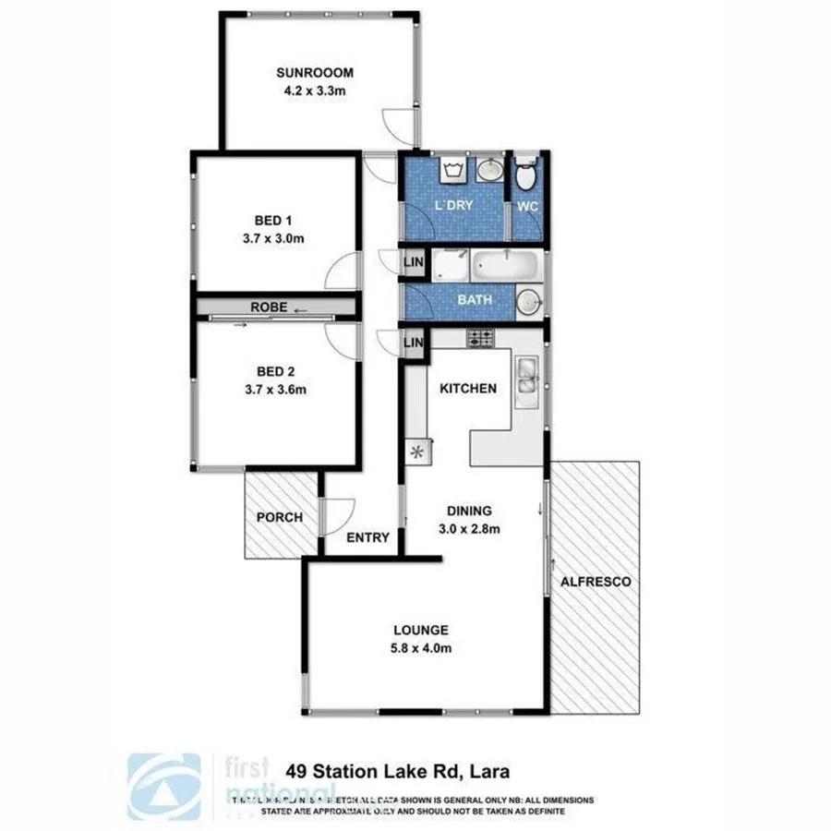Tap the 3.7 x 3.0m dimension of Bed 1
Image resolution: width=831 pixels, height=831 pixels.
pyautogui.click(x=273, y=237)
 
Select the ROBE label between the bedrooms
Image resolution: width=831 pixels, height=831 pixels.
pyautogui.click(x=271, y=307)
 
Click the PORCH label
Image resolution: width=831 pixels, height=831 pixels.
pyautogui.click(x=279, y=517)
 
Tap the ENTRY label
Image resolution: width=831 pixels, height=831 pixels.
pyautogui.click(x=367, y=537)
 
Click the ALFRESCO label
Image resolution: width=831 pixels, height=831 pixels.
pyautogui.click(x=596, y=582)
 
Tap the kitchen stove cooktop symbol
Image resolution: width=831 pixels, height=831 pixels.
pyautogui.click(x=480, y=338)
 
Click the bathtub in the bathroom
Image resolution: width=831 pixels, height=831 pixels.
pyautogui.click(x=505, y=269)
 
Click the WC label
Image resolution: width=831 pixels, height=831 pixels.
pyautogui.click(x=527, y=206)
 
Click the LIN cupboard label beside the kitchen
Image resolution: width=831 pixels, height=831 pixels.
pyautogui.click(x=413, y=343)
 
